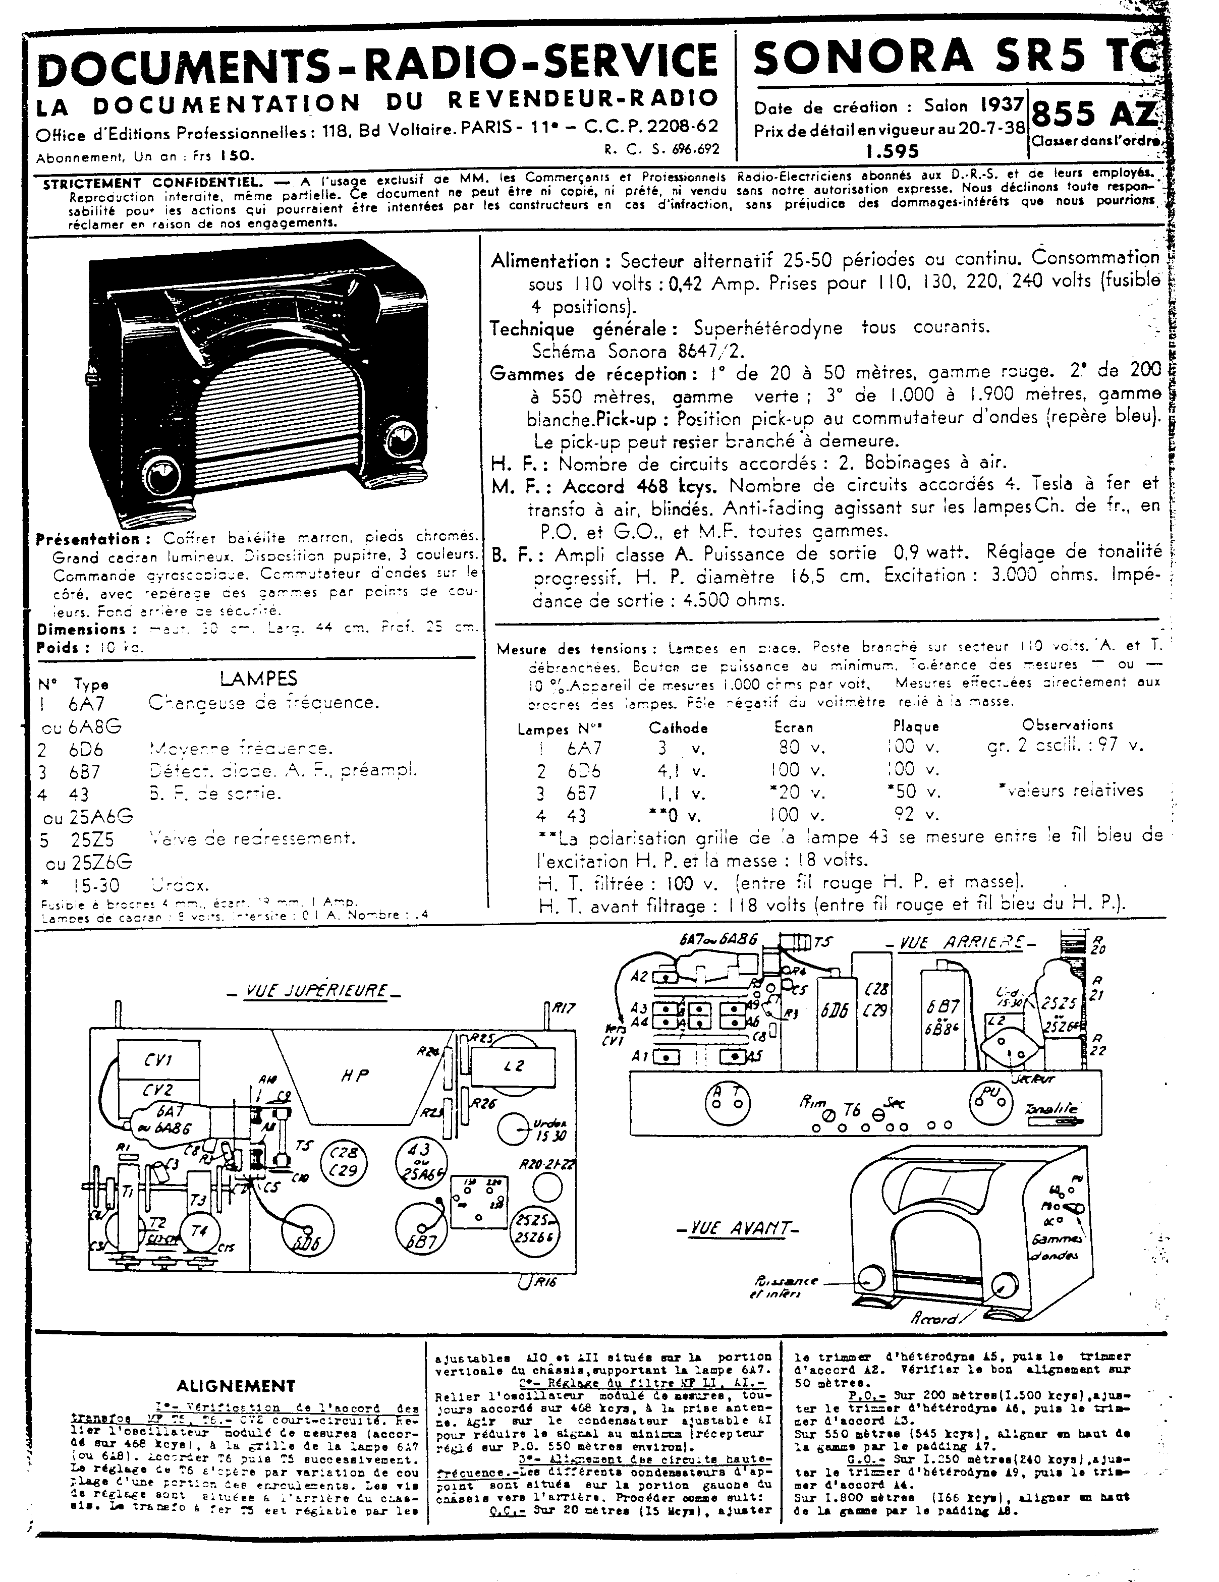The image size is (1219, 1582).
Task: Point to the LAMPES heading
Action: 258,679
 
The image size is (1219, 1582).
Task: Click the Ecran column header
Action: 793,726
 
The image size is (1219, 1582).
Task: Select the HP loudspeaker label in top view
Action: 355,1076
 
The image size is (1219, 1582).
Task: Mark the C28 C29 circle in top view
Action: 344,1163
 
